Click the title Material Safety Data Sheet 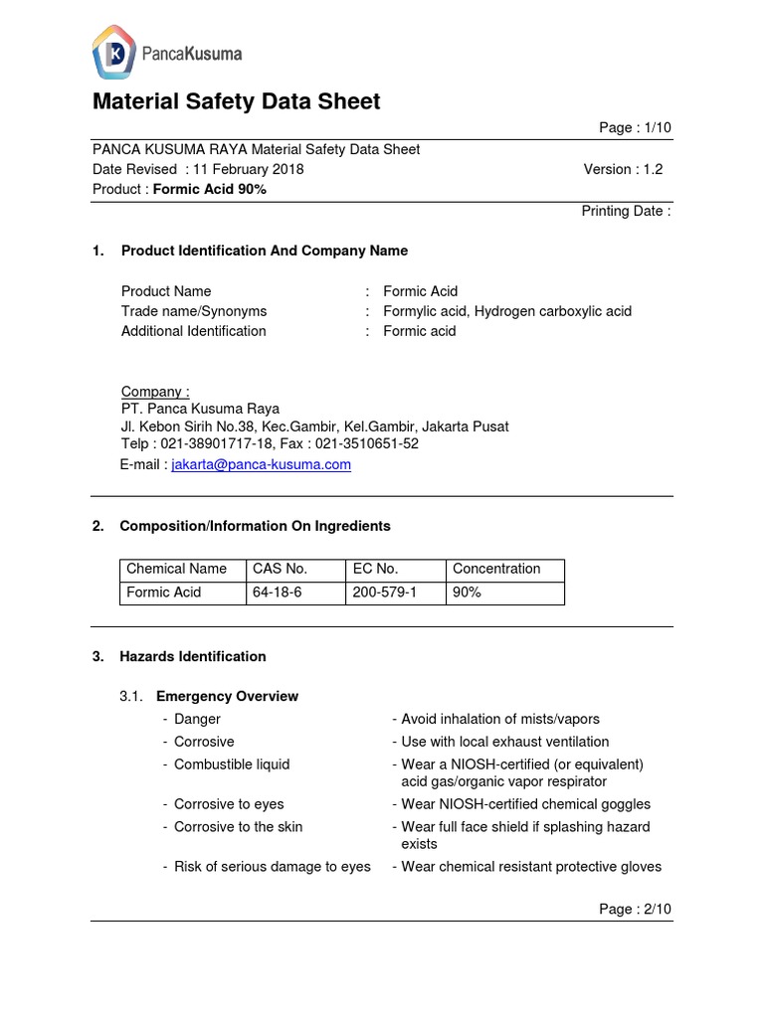pos(236,101)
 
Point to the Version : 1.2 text pos(623,169)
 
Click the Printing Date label pos(626,211)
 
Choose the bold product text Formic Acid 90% pos(209,189)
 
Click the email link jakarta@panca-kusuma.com pos(261,464)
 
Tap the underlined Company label pos(155,391)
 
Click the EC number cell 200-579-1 pos(384,593)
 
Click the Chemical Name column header pos(176,569)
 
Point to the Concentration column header pos(496,569)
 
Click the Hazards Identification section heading pos(193,656)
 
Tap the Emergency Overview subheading pos(227,696)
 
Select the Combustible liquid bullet pos(232,764)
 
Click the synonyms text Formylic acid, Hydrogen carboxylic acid pos(507,311)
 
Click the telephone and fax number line pos(270,444)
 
